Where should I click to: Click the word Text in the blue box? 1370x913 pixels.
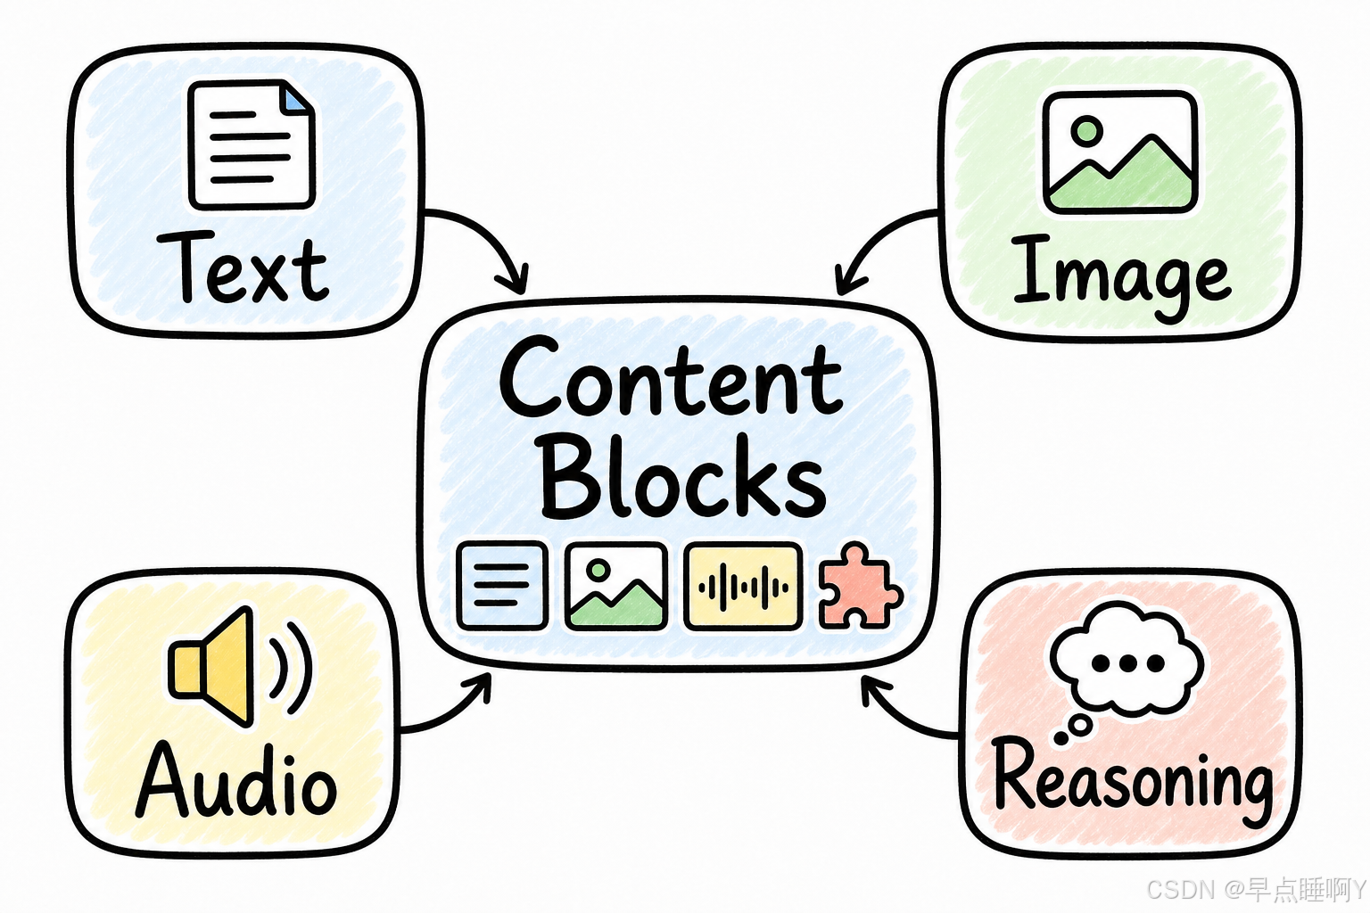[243, 267]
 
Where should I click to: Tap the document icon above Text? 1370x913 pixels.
[252, 145]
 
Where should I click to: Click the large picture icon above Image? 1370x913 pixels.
[1120, 152]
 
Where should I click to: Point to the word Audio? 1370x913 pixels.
[236, 779]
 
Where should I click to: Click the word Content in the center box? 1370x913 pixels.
[672, 378]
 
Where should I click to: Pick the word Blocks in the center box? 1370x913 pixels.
[683, 476]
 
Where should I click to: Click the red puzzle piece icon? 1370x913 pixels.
[860, 585]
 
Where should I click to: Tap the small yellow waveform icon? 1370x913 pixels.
[743, 587]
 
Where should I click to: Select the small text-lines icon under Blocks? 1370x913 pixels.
[502, 586]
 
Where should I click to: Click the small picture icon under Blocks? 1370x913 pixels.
[616, 587]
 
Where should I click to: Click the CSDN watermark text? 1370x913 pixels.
[1257, 889]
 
